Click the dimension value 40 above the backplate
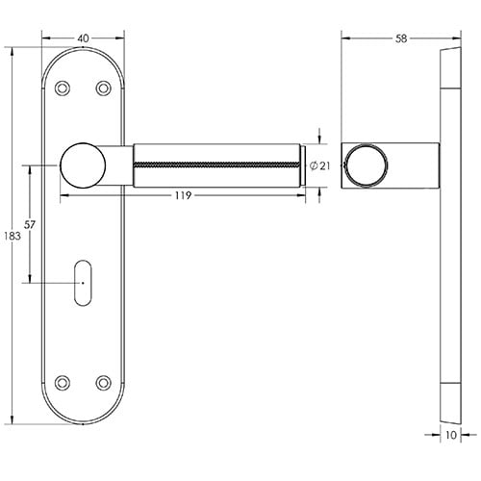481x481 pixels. click(83, 37)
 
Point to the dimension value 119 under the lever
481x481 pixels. click(187, 196)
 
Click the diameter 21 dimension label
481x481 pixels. click(321, 166)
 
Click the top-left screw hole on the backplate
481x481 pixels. click(63, 89)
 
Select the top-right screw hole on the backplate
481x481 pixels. click(103, 89)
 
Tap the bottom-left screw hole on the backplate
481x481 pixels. click(63, 382)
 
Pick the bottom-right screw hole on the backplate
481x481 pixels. click(103, 382)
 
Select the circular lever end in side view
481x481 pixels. click(365, 165)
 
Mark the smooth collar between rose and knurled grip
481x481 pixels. click(120, 165)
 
